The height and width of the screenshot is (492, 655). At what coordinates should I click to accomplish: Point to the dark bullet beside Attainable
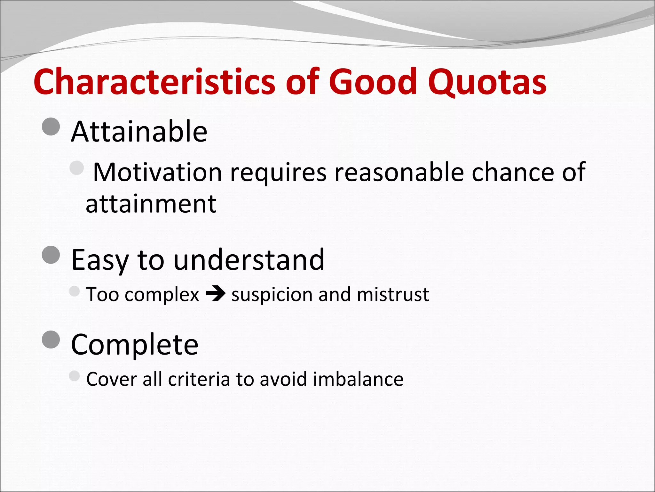(x=51, y=127)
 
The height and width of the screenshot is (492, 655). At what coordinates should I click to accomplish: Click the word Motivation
(x=157, y=172)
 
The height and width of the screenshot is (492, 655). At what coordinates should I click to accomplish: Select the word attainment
(x=151, y=204)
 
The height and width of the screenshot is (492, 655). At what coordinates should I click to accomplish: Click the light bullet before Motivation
(x=76, y=168)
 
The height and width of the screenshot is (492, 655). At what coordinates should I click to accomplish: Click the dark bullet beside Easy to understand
(x=51, y=255)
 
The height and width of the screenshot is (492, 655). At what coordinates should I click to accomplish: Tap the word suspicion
(x=272, y=294)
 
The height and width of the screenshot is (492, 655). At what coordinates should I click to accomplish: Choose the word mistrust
(x=392, y=294)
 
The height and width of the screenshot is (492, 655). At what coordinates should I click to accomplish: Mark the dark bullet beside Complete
(x=51, y=340)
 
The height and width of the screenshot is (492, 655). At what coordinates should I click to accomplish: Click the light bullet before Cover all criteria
(x=74, y=376)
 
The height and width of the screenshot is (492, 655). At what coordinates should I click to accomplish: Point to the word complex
(x=162, y=294)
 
